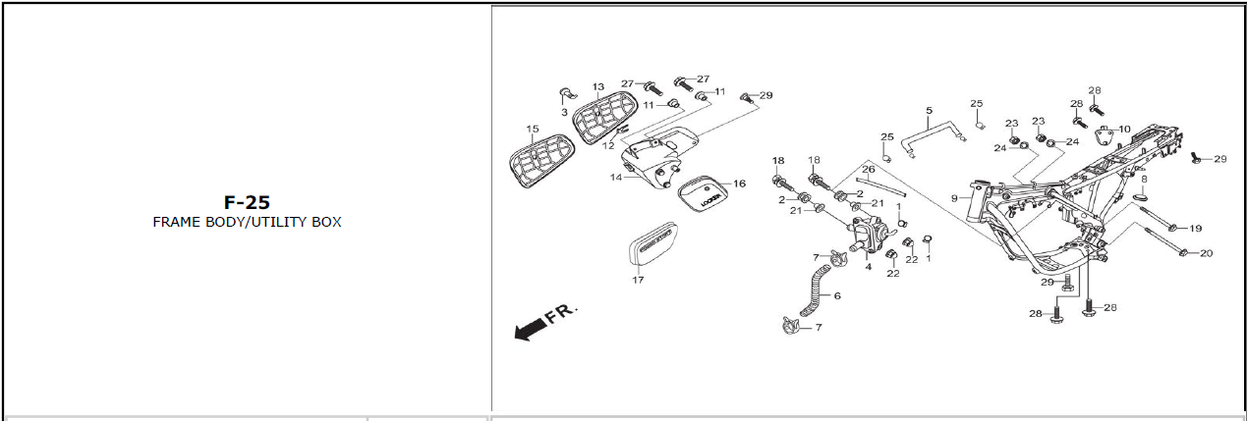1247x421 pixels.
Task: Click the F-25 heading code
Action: pos(246,203)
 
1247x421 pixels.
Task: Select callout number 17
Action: pos(638,280)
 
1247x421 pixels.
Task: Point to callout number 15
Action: pos(533,130)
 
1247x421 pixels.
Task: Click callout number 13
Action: pos(597,87)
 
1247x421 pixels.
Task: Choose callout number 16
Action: pos(739,184)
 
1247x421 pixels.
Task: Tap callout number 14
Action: pos(616,178)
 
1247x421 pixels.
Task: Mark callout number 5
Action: pos(929,110)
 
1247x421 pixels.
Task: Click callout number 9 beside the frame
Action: pos(953,198)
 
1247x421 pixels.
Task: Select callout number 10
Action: pos(1124,129)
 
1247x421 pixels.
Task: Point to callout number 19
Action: pos(1195,229)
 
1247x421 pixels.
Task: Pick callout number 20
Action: pos(1206,253)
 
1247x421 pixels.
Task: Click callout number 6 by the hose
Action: pos(836,295)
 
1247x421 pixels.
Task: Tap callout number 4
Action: pos(868,267)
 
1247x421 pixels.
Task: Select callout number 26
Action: pos(868,170)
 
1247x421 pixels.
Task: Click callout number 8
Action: pos(1143,179)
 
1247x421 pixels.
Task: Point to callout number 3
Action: pos(564,112)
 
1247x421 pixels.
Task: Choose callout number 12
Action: pos(608,145)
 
